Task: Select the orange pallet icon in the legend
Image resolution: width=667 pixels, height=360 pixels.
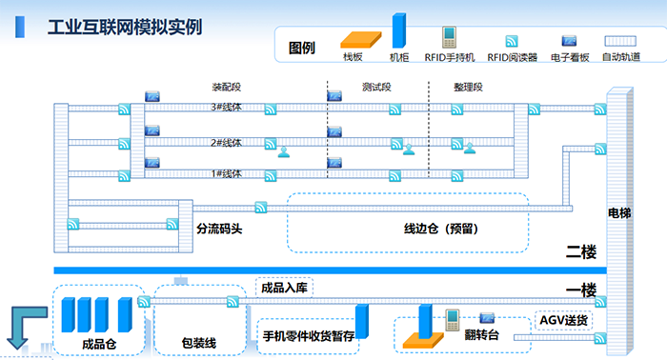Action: [354, 39]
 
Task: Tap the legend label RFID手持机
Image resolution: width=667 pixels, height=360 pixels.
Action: [449, 57]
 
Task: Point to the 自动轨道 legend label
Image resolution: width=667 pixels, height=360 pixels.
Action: [621, 57]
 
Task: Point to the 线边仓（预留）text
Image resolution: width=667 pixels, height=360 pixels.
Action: [438, 229]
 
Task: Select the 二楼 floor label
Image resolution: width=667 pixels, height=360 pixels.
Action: [580, 252]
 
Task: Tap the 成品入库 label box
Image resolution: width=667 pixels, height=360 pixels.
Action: [283, 287]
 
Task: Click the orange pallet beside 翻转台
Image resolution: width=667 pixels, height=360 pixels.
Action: [418, 337]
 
